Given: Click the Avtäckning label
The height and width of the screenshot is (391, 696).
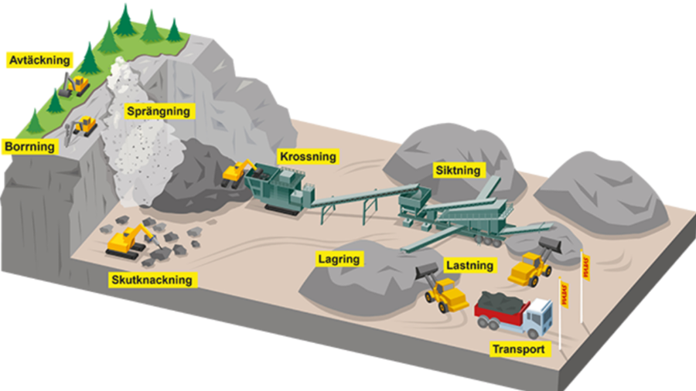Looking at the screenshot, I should (x=38, y=60).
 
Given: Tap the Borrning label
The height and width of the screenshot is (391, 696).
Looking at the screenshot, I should (x=30, y=146).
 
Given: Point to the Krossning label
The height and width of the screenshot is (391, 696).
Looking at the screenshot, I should (x=308, y=157).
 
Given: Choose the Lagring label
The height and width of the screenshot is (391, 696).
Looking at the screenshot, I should (x=339, y=260).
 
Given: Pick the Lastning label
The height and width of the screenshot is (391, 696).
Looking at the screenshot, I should (x=469, y=266).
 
